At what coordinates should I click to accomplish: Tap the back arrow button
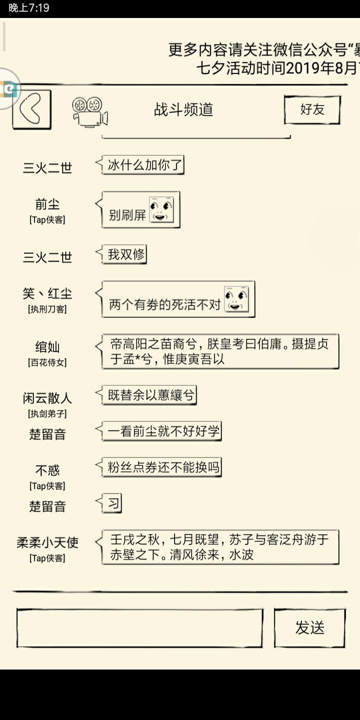[x=31, y=109]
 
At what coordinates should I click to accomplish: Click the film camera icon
[x=89, y=112]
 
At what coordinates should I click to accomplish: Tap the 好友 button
[x=312, y=109]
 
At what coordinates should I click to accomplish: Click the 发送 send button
[x=310, y=628]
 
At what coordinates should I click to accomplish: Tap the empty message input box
[x=140, y=628]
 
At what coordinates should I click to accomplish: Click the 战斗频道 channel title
[x=183, y=109]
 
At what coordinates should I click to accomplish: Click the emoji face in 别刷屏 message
[x=161, y=210]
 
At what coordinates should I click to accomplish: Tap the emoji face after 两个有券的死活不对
[x=236, y=299]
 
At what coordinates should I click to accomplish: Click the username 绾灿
[x=47, y=347]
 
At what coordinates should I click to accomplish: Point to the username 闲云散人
[x=47, y=398]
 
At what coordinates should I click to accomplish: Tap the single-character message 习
[x=112, y=503]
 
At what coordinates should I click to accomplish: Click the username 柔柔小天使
[x=47, y=542]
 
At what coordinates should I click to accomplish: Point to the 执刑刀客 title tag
[x=47, y=309]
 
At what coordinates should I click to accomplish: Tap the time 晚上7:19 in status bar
[x=29, y=7]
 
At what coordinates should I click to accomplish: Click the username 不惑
[x=47, y=470]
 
